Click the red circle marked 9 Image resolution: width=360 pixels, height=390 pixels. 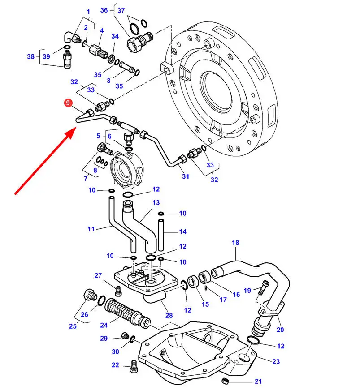pos(68,103)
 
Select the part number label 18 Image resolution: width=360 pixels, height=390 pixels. pos(235,243)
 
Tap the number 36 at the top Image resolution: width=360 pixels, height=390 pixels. pos(104,10)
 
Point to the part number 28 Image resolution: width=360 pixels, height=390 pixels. pos(169,316)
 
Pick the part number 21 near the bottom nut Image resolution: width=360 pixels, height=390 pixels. pos(258,381)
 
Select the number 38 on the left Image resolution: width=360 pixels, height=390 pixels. pos(30,56)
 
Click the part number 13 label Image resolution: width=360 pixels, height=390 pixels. pos(156,202)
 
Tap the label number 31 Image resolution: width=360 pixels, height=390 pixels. pos(185,176)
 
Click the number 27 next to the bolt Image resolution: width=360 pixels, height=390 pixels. pos(98,275)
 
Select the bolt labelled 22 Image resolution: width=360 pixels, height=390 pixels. pos(133,367)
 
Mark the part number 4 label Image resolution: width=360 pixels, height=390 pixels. pos(102,30)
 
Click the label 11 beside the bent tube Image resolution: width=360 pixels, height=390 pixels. pos(91,229)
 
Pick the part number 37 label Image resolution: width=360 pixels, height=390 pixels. pos(121,10)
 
